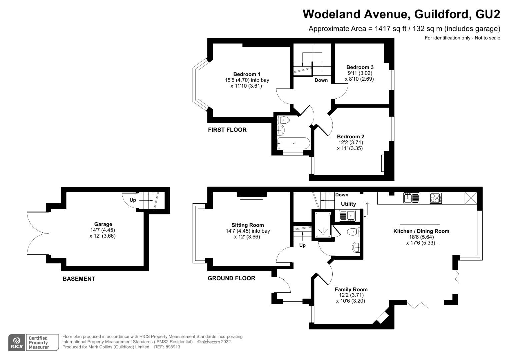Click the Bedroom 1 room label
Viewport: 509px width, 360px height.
pyautogui.click(x=247, y=74)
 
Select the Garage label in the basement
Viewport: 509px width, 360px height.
pyautogui.click(x=103, y=224)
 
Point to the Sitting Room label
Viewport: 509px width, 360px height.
pyautogui.click(x=248, y=225)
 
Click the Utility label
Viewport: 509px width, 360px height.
pyautogui.click(x=348, y=204)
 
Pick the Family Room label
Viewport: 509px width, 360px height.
pyautogui.click(x=351, y=290)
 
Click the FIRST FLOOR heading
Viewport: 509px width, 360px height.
pyautogui.click(x=227, y=130)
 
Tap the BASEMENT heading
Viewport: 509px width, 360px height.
pyautogui.click(x=79, y=279)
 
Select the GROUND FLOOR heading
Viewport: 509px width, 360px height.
pyautogui.click(x=231, y=278)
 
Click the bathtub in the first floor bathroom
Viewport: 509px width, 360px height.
pyautogui.click(x=293, y=143)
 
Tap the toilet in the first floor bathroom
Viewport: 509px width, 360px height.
pyautogui.click(x=284, y=120)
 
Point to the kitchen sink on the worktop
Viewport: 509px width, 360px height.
pyautogui.click(x=411, y=198)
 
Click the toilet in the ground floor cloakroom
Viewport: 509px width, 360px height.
pyautogui.click(x=353, y=231)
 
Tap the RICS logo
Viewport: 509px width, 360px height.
pyautogui.click(x=17, y=342)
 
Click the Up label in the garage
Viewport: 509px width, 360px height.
pyautogui.click(x=133, y=200)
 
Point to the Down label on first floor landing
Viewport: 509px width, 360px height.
pyautogui.click(x=321, y=80)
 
